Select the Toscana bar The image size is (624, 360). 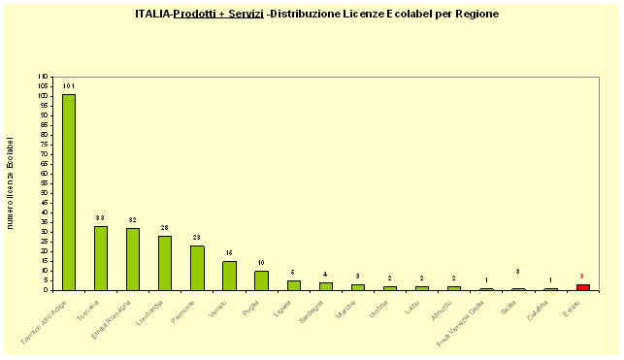(x=101, y=258)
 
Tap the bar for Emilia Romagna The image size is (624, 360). (x=133, y=259)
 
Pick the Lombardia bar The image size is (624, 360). (x=165, y=263)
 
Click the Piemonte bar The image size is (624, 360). (x=197, y=268)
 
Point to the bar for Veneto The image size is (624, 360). (x=229, y=276)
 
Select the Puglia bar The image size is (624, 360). (x=261, y=280)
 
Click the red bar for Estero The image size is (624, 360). (x=582, y=287)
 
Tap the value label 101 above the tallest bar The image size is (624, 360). (x=69, y=86)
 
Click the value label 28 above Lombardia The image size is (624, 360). (x=165, y=227)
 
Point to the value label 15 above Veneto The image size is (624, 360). (x=229, y=252)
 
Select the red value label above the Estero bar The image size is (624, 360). (x=582, y=276)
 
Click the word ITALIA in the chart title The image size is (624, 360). (x=152, y=15)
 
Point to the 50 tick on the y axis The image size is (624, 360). (x=43, y=193)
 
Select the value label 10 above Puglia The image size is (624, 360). (x=261, y=262)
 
